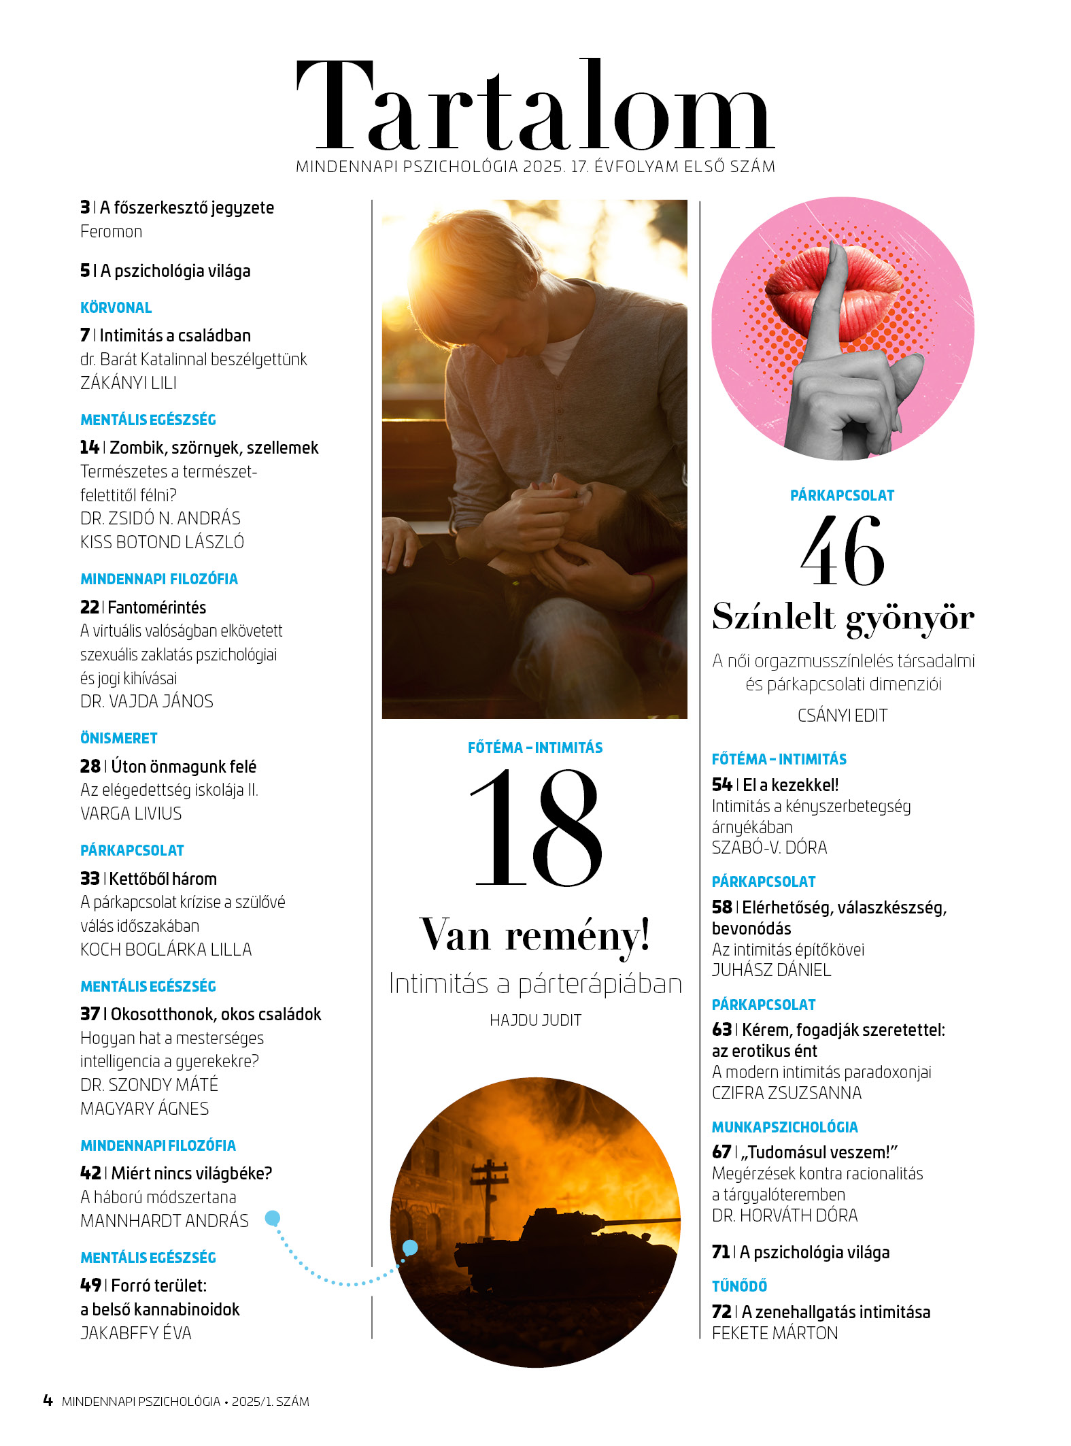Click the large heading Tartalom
[534, 107]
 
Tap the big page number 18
[536, 828]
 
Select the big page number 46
[843, 551]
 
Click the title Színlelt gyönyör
[843, 618]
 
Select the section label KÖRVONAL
[116, 308]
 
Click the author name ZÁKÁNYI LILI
[129, 384]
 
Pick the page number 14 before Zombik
[89, 448]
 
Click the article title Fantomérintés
[157, 607]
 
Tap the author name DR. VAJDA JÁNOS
[147, 702]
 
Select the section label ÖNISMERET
[119, 739]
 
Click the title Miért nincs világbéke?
[191, 1173]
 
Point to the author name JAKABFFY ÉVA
[136, 1333]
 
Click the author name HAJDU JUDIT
[535, 1020]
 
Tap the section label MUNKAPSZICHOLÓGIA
[785, 1127]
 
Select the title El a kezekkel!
[790, 785]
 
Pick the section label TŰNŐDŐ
[739, 1286]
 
